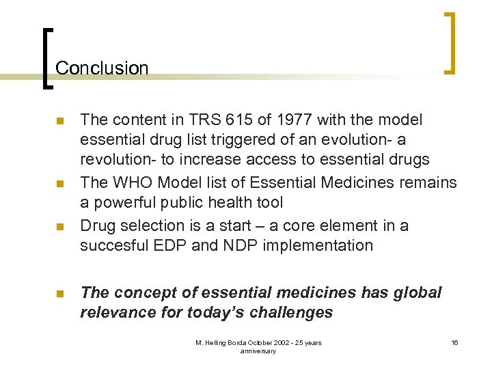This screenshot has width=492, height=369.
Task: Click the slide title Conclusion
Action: [102, 68]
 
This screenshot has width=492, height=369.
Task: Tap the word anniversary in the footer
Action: [258, 351]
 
